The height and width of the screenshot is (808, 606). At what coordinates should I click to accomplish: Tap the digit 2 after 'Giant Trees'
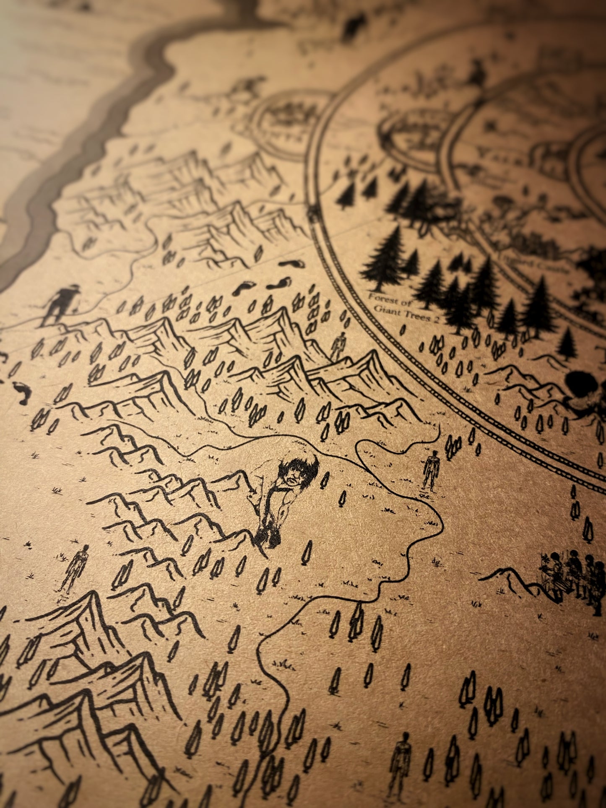coord(436,320)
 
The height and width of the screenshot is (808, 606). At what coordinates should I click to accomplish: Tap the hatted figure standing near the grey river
coord(61,304)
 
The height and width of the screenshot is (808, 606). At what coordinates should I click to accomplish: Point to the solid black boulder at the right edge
coord(581,384)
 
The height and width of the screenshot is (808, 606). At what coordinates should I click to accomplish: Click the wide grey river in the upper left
coord(84,147)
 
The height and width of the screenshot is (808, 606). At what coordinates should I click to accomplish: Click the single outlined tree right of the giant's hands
coord(307,552)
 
